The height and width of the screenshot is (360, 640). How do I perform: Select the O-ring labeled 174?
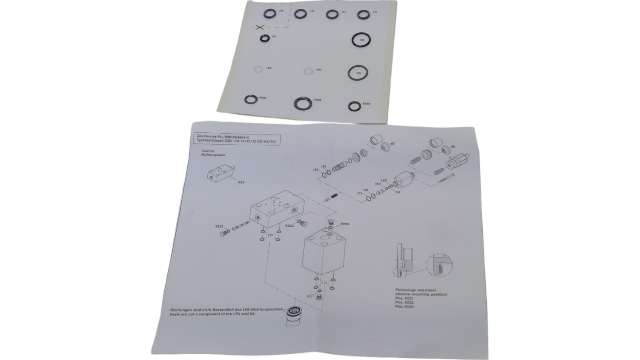pyautogui.click(x=264, y=39)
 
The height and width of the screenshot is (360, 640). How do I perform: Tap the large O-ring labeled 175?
pyautogui.click(x=361, y=40)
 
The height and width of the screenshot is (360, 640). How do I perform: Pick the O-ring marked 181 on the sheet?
pyautogui.click(x=358, y=73)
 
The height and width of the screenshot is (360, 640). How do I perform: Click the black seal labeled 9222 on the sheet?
pyautogui.click(x=303, y=103)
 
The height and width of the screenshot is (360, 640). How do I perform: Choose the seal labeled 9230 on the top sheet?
pyautogui.click(x=354, y=106)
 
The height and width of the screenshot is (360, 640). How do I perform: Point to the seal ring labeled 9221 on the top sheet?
pyautogui.click(x=251, y=99)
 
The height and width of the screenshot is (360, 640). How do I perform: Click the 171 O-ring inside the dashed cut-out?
pyautogui.click(x=269, y=14)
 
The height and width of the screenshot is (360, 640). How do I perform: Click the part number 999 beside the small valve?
pyautogui.click(x=241, y=182)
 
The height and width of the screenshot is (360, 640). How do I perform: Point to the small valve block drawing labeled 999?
pyautogui.click(x=220, y=173)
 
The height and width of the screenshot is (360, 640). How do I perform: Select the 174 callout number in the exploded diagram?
pyautogui.click(x=398, y=192)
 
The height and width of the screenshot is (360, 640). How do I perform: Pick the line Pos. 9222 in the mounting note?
pyautogui.click(x=404, y=302)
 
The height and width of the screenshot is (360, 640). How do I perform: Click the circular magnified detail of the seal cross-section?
pyautogui.click(x=439, y=265)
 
